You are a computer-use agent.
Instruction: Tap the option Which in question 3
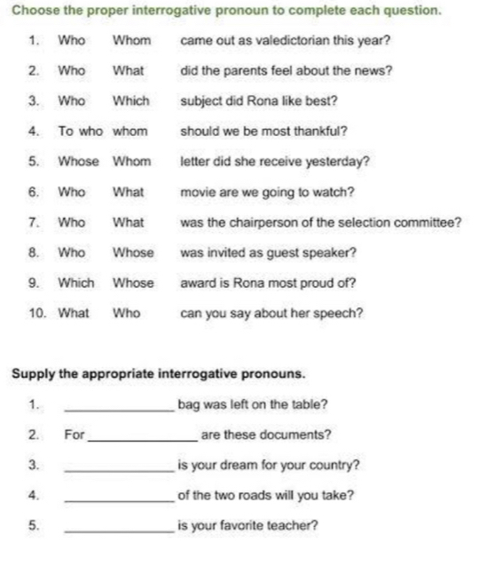coord(130,101)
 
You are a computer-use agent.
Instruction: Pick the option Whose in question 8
coord(133,252)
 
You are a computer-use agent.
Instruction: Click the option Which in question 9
coord(76,283)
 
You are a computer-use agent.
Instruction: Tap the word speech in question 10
coord(340,313)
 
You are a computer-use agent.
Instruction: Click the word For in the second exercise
coord(75,435)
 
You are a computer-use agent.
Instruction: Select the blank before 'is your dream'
coord(121,467)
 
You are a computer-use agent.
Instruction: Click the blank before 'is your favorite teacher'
coord(121,528)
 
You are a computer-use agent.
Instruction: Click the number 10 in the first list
coord(37,313)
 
